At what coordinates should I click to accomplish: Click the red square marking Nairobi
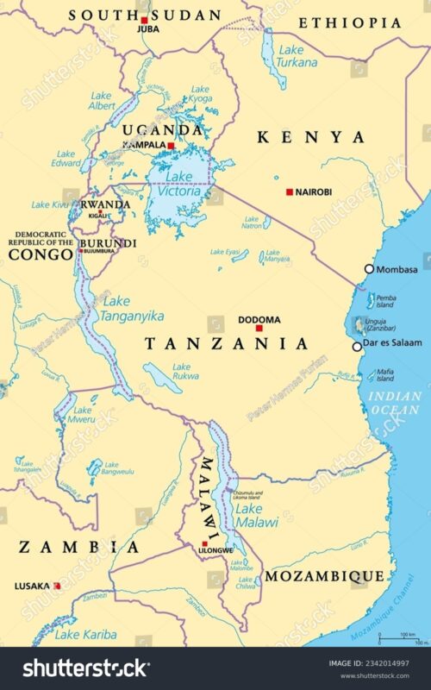(x=290, y=191)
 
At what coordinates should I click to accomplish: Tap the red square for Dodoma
(x=259, y=328)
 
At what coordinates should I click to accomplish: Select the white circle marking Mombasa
(x=370, y=269)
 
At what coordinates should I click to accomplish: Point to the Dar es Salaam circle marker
(x=358, y=347)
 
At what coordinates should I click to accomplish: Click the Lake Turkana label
(x=297, y=56)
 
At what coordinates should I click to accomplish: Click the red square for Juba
(x=144, y=19)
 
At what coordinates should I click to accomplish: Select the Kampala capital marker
(x=172, y=146)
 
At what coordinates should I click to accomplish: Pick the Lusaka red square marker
(x=57, y=586)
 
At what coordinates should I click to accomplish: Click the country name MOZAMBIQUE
(x=324, y=575)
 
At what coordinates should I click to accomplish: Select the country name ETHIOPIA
(x=352, y=23)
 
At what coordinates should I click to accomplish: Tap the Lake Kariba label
(x=85, y=635)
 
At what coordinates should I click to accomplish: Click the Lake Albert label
(x=101, y=100)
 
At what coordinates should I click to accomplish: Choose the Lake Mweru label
(x=84, y=415)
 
